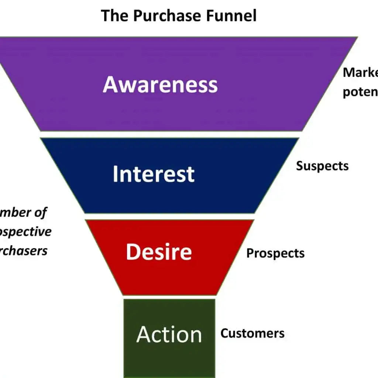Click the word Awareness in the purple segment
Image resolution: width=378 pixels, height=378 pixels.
[160, 84]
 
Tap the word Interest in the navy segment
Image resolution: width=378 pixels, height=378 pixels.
[154, 174]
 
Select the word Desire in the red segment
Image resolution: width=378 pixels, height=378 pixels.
[159, 252]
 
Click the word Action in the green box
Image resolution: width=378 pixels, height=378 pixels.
[169, 334]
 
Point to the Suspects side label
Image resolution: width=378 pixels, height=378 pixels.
[322, 166]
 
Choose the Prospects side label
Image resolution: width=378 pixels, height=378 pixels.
[275, 254]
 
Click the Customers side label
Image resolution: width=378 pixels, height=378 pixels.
[252, 333]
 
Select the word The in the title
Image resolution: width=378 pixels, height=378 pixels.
[114, 16]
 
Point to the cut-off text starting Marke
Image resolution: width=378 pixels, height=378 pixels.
[360, 73]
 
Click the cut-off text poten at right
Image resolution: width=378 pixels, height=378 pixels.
[360, 92]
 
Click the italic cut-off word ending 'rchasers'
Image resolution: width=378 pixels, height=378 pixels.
[24, 251]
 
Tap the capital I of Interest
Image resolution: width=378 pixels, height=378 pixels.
[115, 174]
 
